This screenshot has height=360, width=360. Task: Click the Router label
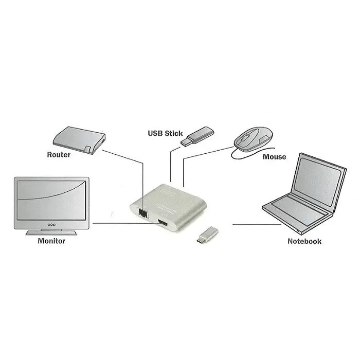coord(59,154)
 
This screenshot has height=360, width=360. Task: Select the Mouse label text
coord(274,156)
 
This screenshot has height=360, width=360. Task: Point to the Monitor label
coord(51,241)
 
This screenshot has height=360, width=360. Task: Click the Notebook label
coord(304,241)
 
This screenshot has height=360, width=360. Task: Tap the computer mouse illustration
coord(253,137)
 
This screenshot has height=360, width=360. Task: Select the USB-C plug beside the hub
coord(205,235)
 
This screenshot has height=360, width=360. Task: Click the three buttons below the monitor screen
coord(51,225)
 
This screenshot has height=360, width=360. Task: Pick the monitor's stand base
coord(51,233)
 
